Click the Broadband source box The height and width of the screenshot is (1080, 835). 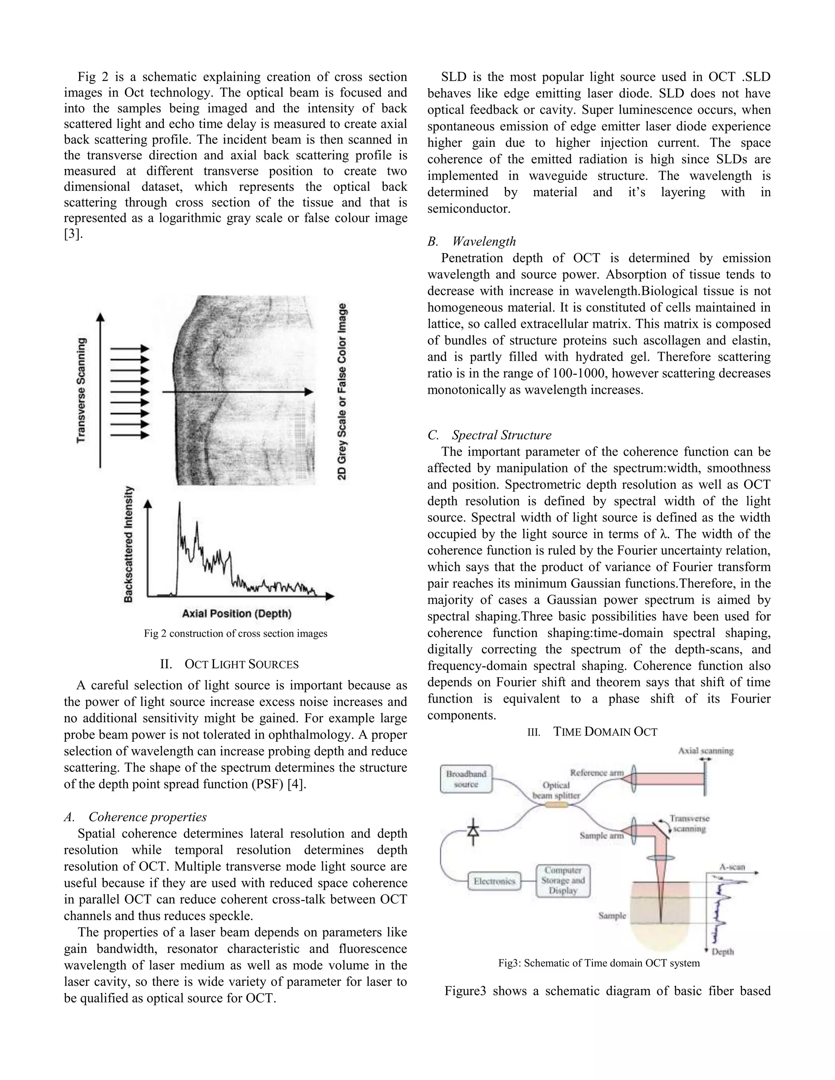(466, 779)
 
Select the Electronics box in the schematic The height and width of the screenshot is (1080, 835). (494, 881)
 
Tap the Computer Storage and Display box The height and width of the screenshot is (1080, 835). (563, 880)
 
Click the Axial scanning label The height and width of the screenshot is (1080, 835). (705, 751)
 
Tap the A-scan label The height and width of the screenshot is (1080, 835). (732, 867)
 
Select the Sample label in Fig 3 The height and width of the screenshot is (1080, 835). (612, 915)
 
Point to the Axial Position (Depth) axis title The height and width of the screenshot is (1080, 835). (236, 614)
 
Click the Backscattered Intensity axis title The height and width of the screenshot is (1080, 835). (128, 544)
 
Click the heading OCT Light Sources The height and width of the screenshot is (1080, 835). (236, 664)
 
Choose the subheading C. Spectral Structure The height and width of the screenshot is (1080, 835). (489, 435)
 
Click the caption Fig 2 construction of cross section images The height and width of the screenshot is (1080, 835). (236, 633)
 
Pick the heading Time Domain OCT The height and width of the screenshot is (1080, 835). (592, 732)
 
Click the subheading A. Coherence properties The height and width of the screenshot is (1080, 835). (135, 817)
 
